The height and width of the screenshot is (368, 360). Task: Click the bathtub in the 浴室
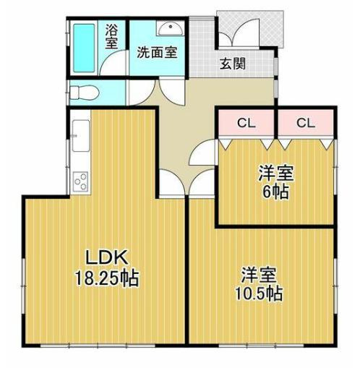[x=84, y=48]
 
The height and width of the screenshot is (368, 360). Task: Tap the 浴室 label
[x=111, y=37]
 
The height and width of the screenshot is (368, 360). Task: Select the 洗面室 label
[x=157, y=53]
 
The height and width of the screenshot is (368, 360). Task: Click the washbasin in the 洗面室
[x=171, y=28]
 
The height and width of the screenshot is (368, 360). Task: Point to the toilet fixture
[x=85, y=93]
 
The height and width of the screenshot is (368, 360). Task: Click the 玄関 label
[x=233, y=64]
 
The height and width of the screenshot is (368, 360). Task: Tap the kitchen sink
[x=81, y=136]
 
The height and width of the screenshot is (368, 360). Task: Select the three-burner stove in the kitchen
[x=80, y=181]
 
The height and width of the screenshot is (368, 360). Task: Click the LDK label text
[x=107, y=257]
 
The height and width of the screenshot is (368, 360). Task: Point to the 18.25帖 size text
[x=107, y=278]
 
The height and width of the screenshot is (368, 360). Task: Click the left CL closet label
[x=246, y=123]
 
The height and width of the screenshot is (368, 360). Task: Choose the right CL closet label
[x=306, y=123]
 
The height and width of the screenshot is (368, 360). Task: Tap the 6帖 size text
[x=275, y=192]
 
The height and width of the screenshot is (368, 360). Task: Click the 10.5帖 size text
[x=259, y=294]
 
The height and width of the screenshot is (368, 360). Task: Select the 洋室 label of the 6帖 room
[x=276, y=173]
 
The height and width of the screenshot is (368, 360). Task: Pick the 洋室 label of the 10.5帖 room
[x=259, y=275]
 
